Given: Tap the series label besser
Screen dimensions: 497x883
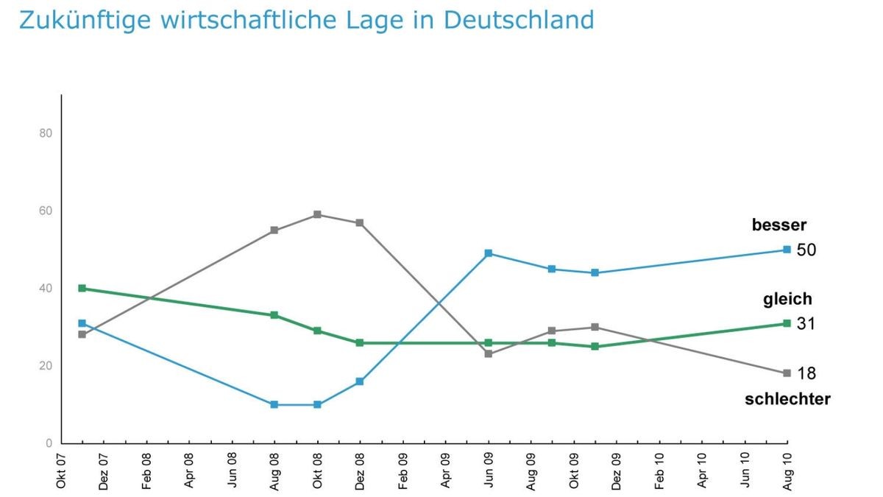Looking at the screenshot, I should tap(779, 225).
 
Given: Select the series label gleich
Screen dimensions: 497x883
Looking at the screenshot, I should tap(787, 299).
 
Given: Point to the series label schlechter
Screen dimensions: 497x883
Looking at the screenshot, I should tap(787, 400).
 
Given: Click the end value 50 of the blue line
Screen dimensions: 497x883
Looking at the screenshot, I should tap(806, 250).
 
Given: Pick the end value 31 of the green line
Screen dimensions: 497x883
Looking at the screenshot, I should tap(806, 324).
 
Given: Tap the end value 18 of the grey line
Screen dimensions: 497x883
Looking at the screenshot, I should tap(806, 373).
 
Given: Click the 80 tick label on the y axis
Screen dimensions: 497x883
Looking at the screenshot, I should tap(45, 133).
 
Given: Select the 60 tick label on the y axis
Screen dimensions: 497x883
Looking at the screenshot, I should tap(45, 211).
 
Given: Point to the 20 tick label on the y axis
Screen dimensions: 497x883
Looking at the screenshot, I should tap(45, 366).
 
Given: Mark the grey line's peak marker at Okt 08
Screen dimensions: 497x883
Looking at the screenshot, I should tap(317, 214).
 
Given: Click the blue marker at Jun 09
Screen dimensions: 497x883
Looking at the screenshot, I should tap(488, 253).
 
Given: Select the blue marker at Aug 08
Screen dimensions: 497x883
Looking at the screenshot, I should tap(274, 404).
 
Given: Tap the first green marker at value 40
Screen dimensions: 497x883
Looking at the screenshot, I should tap(82, 288).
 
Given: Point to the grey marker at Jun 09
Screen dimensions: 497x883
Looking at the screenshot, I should tap(488, 354).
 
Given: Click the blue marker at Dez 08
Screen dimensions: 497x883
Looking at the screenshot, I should tap(360, 381).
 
